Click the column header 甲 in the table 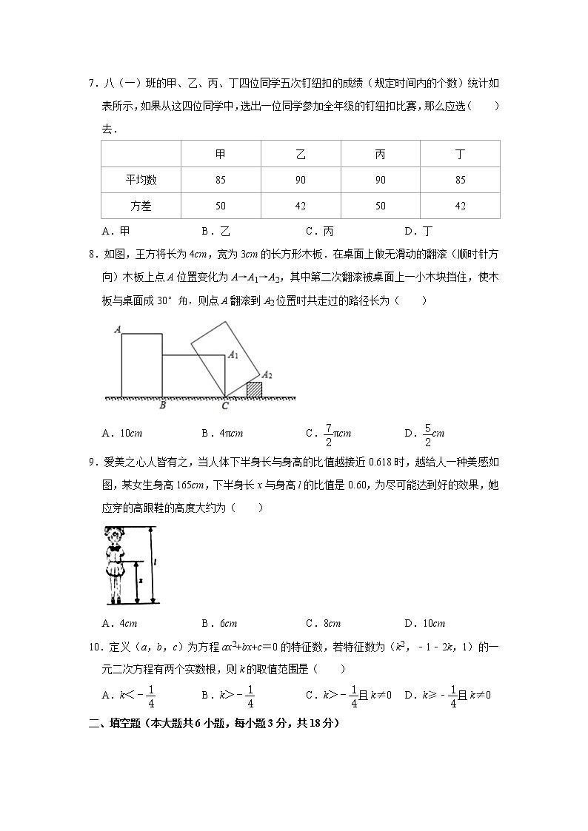(x=221, y=155)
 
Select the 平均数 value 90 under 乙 (x=301, y=180)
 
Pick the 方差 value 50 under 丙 (x=380, y=206)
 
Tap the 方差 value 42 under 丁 (x=460, y=206)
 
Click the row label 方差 (x=141, y=206)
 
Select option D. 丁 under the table (x=418, y=230)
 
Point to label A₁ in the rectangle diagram (x=233, y=355)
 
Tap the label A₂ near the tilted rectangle (x=267, y=375)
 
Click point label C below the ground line (x=225, y=406)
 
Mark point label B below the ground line (x=162, y=406)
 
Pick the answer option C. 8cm (x=323, y=623)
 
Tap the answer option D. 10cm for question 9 (x=425, y=623)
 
